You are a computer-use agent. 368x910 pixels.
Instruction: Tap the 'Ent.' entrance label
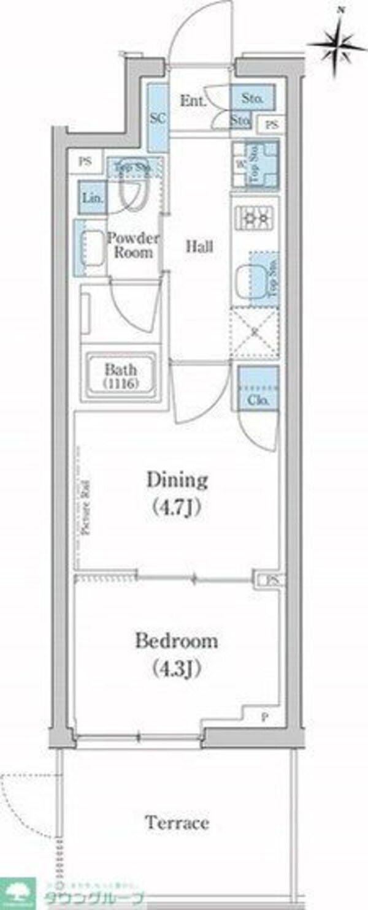coord(191,100)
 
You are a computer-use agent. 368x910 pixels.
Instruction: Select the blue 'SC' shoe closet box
coord(158,119)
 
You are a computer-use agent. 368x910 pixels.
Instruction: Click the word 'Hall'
coord(199,247)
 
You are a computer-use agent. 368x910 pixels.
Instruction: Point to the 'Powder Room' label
coord(134,245)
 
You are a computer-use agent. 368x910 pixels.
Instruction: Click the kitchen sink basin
coord(253,281)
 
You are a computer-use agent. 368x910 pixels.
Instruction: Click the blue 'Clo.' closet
coord(258,388)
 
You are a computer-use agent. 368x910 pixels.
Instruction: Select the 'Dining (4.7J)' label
coord(177,493)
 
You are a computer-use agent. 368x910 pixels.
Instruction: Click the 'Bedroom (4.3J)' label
coord(177,653)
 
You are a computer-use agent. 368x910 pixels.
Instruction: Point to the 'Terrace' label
coord(177,822)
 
